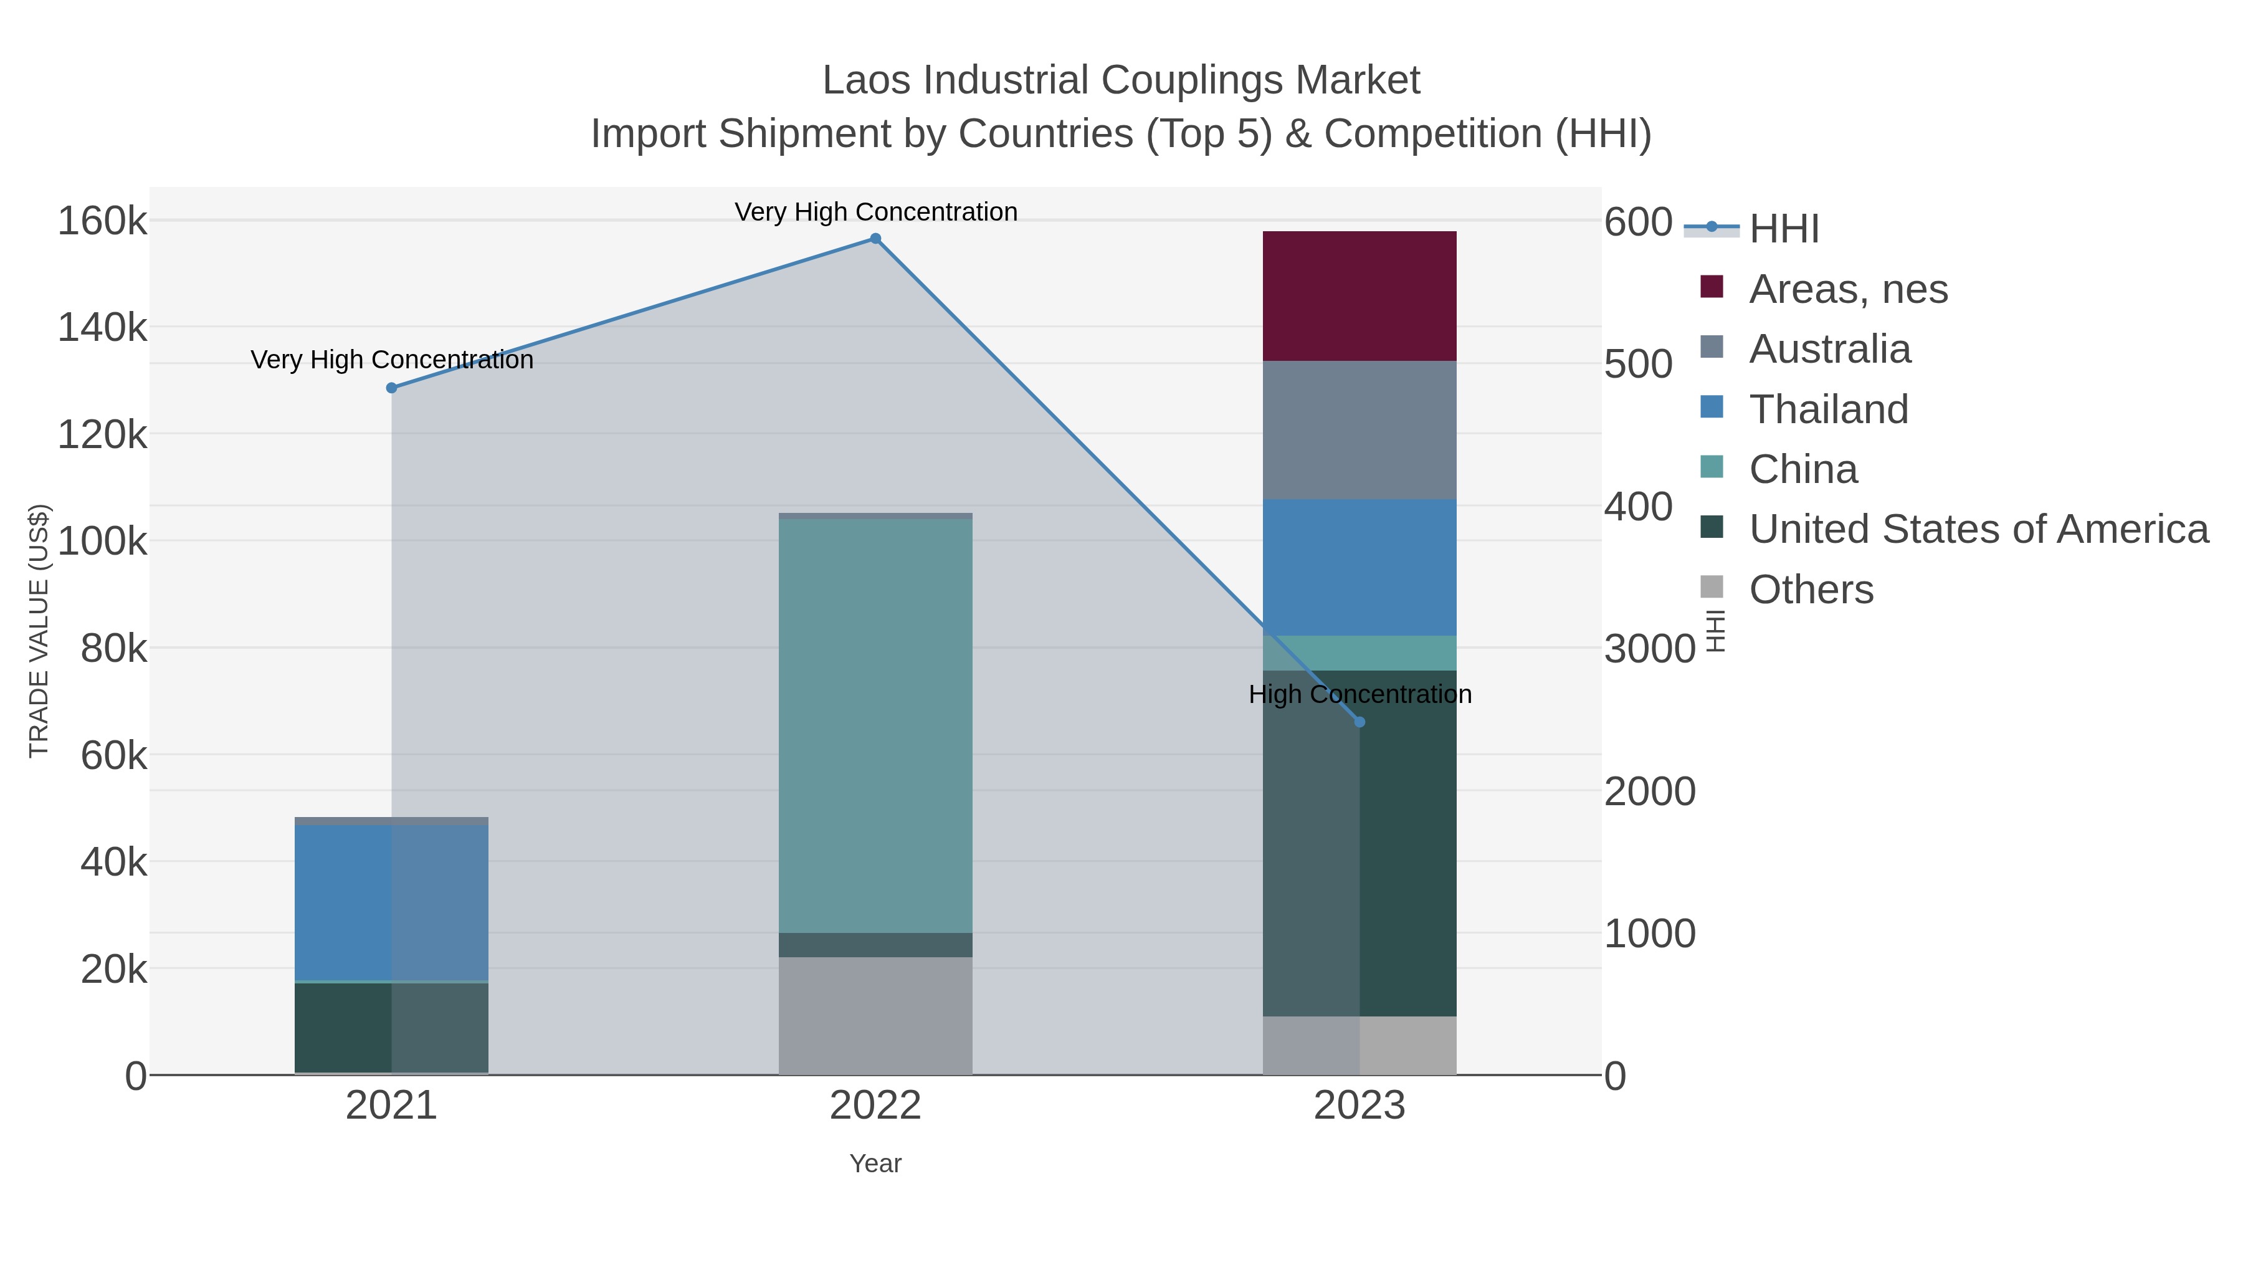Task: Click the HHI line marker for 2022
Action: click(875, 239)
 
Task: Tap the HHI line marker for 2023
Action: click(1360, 722)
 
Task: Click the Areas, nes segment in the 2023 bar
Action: click(1360, 296)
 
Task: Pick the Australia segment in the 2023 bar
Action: click(1360, 430)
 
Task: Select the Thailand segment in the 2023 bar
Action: click(1360, 567)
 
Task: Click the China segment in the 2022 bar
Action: click(875, 725)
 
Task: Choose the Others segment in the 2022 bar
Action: click(875, 1016)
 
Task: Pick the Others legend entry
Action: click(1811, 590)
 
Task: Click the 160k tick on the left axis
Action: click(102, 221)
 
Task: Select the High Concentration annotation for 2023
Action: click(1360, 694)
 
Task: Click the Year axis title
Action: click(875, 1164)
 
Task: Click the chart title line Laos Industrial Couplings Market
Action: click(1121, 80)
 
